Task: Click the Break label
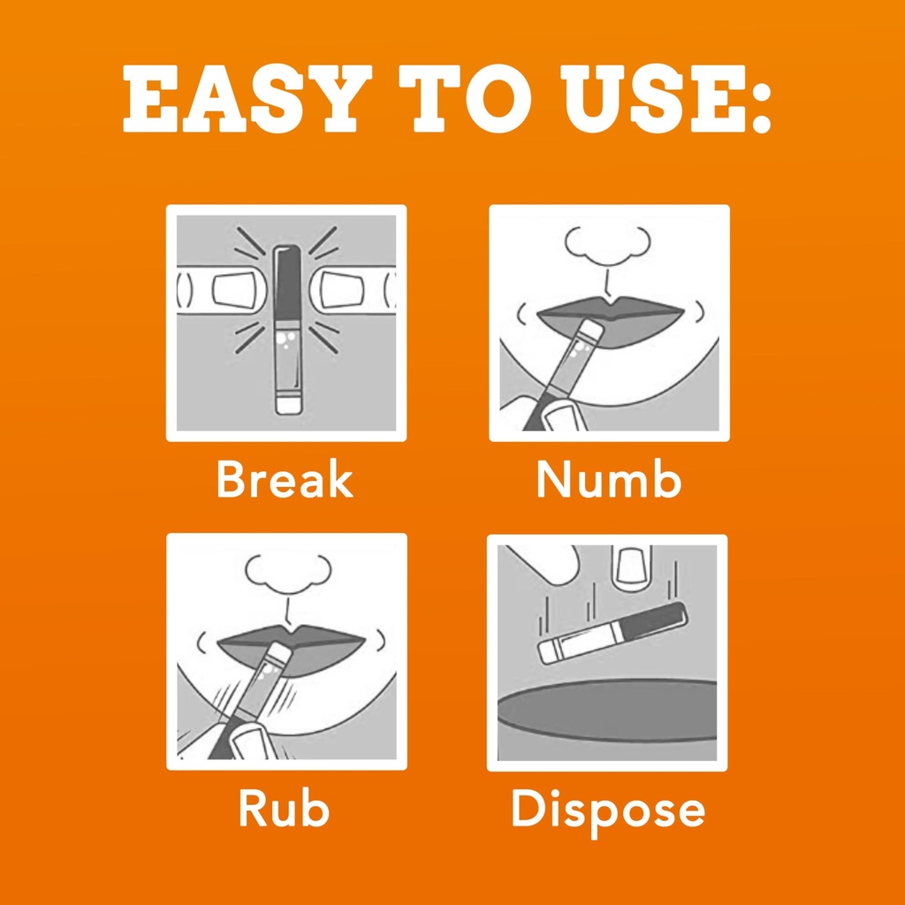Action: [285, 478]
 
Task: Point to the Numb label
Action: [609, 479]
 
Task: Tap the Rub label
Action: [284, 808]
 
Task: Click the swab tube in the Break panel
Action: [287, 331]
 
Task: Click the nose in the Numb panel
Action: [607, 245]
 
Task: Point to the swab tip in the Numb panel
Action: [591, 331]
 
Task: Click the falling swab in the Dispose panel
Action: [612, 633]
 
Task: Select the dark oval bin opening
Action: [607, 710]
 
